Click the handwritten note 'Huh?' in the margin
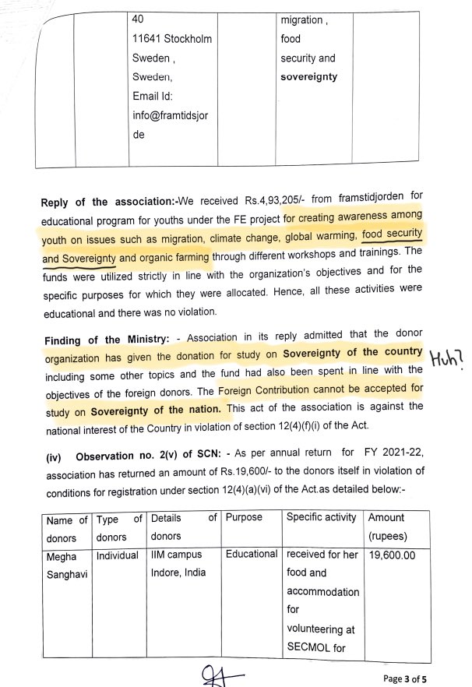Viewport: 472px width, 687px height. [448, 360]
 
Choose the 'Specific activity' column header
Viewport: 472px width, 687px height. [322, 517]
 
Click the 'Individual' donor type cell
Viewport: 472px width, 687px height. [118, 555]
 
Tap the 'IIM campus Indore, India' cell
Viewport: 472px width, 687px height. [177, 564]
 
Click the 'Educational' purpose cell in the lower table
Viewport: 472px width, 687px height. [252, 554]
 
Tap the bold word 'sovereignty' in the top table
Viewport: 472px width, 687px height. [309, 77]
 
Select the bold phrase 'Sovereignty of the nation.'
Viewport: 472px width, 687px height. [156, 408]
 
